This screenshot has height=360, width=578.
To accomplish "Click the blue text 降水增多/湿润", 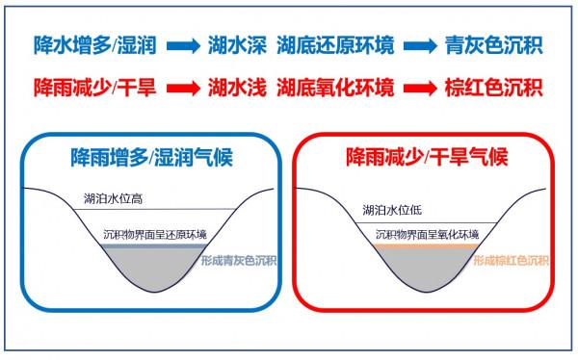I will [x=92, y=44].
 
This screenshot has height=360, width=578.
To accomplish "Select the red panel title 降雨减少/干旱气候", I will [x=427, y=155].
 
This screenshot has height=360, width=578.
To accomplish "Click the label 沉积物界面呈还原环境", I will [x=161, y=233].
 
